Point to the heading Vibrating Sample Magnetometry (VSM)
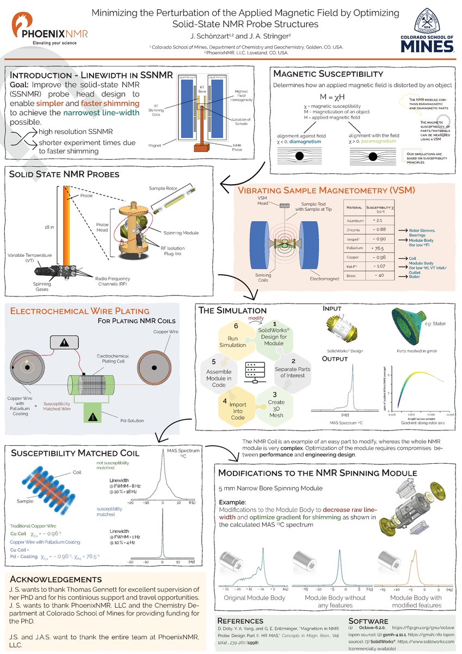click(x=327, y=191)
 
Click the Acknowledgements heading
click(x=56, y=579)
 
